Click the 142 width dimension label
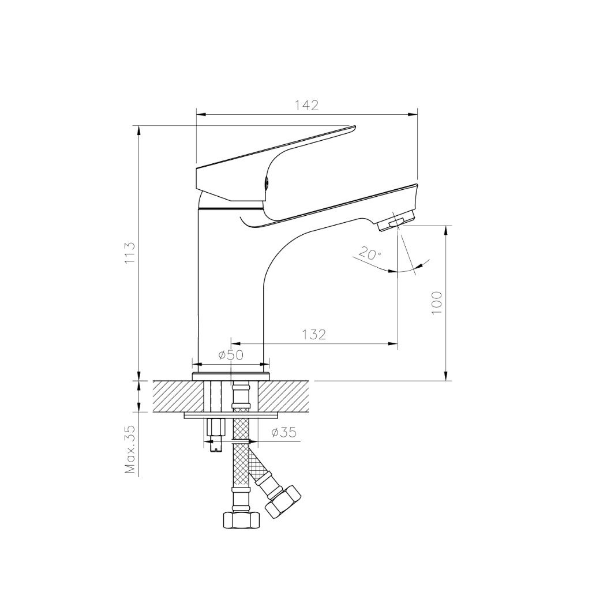pos(306,106)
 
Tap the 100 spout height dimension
pos(436,303)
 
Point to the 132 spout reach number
pos(314,334)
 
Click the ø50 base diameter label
pos(231,355)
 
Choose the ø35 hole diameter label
pos(284,432)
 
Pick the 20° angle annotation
pos(370,253)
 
